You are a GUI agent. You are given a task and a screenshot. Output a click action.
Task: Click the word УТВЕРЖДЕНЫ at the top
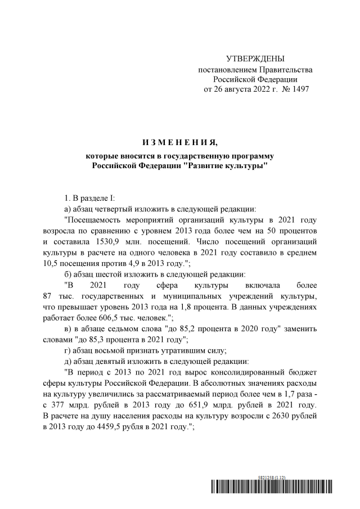(255, 59)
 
